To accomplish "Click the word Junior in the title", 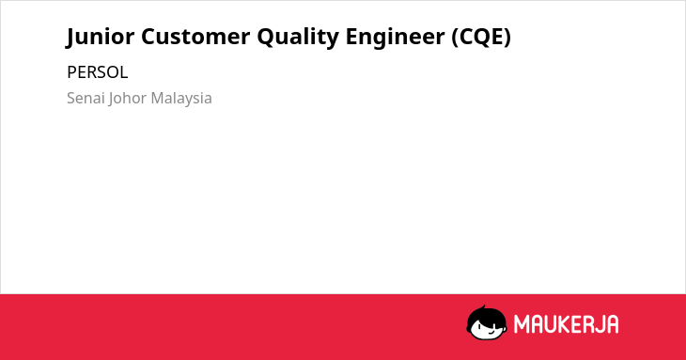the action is [x=101, y=37].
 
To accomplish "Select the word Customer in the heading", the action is [x=195, y=37].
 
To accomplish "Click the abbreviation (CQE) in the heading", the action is [x=481, y=37].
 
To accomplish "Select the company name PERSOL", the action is [x=97, y=72].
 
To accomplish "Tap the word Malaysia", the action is [x=181, y=99].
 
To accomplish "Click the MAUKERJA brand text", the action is [x=566, y=324].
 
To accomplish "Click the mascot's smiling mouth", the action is [x=491, y=332].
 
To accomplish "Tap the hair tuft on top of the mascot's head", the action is [x=483, y=307].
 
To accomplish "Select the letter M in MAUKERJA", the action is [x=521, y=324].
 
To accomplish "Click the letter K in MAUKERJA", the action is [x=563, y=324].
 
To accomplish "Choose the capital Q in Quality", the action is [x=267, y=38].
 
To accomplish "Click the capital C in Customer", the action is [x=148, y=37].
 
